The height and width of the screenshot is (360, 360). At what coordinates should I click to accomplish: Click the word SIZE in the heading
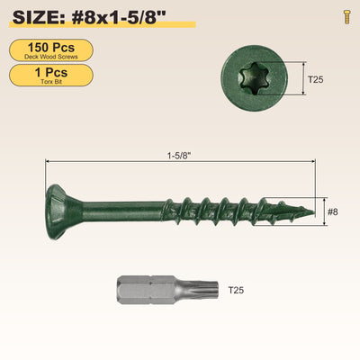click(x=36, y=17)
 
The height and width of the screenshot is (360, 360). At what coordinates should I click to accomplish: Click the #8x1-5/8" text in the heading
click(x=119, y=17)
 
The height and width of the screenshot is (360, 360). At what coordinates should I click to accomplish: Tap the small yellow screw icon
click(x=347, y=16)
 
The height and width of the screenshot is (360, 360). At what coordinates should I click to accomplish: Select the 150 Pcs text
click(x=51, y=48)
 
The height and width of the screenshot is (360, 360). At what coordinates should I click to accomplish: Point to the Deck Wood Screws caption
click(x=51, y=57)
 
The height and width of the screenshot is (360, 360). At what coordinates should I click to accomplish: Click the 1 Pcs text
click(x=51, y=72)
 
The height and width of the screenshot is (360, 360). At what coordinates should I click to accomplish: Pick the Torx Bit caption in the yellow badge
click(x=51, y=82)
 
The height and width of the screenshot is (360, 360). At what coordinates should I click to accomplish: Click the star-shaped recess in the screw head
click(x=251, y=78)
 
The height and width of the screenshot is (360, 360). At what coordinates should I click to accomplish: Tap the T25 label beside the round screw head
click(x=316, y=79)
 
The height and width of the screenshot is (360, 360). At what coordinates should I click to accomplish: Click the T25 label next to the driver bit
click(x=236, y=290)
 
